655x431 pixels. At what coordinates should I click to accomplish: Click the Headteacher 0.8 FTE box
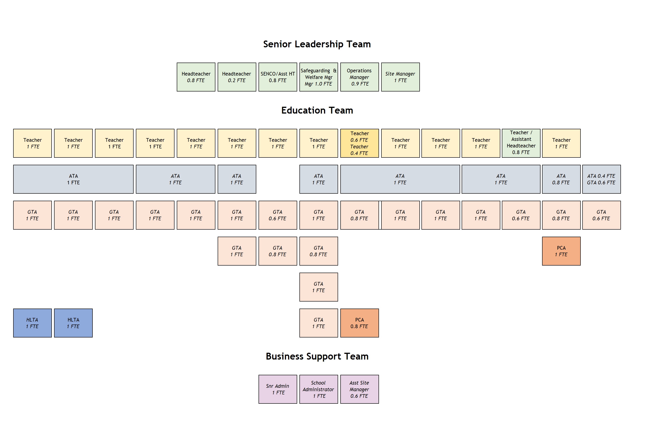[x=196, y=77]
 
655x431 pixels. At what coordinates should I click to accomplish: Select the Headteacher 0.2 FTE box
[x=237, y=77]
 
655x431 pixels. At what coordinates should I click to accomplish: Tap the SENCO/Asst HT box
[x=277, y=77]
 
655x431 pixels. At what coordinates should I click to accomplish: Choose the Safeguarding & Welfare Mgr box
[x=319, y=77]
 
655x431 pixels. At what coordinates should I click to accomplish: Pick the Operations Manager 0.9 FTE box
[x=359, y=77]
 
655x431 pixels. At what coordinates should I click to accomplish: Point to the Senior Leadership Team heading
[x=317, y=44]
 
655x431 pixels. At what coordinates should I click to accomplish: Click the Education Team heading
[x=317, y=110]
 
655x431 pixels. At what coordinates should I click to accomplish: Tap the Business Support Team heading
[x=317, y=356]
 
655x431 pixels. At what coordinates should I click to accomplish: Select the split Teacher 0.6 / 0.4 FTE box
[x=359, y=143]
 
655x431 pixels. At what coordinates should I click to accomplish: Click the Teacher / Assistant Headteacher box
[x=521, y=143]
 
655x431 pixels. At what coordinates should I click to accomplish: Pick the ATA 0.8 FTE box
[x=561, y=179]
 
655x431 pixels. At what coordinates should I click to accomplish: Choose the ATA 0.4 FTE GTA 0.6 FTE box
[x=601, y=179]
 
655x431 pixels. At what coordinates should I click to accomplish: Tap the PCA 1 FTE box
[x=561, y=251]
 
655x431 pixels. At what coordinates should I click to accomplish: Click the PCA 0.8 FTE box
[x=359, y=323]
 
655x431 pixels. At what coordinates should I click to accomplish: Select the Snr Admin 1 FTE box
[x=277, y=389]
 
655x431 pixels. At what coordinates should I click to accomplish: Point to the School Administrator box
[x=319, y=389]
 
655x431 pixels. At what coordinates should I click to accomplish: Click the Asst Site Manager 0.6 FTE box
[x=359, y=389]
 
